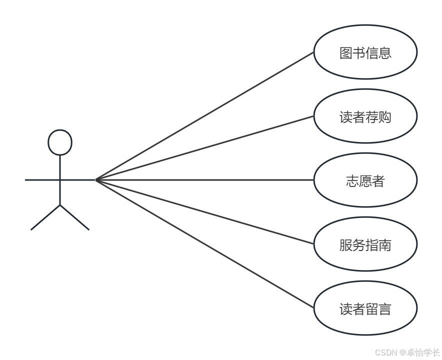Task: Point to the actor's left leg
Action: pos(45,217)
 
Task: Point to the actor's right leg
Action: pos(74,217)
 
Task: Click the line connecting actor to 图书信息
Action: pos(204,116)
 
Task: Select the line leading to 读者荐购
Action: pos(204,147)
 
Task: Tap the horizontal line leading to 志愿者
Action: pos(204,179)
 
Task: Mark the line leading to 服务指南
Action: pos(204,211)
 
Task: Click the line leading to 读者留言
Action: pos(204,243)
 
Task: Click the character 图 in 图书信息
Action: pos(346,53)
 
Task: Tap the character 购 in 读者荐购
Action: pos(385,117)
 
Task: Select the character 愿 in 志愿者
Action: pos(365,181)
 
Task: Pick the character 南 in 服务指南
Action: pos(385,245)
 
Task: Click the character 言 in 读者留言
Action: pos(385,309)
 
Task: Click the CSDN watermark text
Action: pos(386,352)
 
